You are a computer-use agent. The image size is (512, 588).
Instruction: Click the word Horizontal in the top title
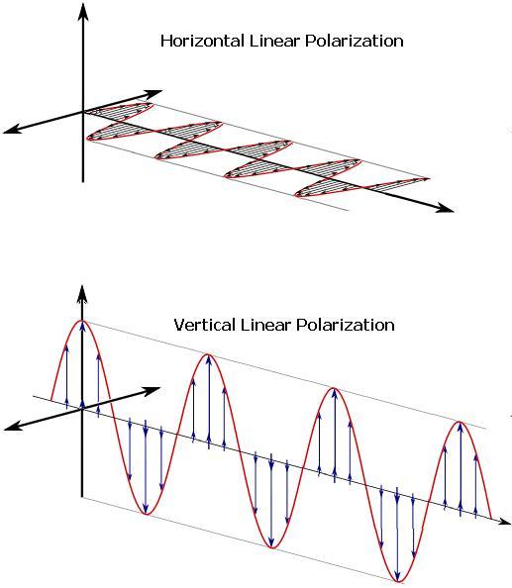[202, 41]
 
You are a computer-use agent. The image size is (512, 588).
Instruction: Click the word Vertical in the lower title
[204, 325]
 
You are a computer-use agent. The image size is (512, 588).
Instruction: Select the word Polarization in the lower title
[346, 325]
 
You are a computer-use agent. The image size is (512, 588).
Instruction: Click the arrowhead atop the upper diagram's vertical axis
[83, 11]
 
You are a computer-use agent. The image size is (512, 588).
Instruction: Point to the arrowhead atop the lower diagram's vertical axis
[82, 293]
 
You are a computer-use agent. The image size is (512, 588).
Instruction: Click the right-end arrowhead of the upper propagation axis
[445, 208]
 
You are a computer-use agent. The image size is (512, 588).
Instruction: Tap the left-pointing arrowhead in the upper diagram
[12, 130]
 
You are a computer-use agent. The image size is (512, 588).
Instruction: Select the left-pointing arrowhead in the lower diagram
[12, 427]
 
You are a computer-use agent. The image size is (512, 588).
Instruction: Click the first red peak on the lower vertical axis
[82, 321]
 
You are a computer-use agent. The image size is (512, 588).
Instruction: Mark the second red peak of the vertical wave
[207, 354]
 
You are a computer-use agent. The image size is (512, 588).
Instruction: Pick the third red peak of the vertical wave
[333, 388]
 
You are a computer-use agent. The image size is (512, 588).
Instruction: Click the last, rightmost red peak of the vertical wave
[460, 423]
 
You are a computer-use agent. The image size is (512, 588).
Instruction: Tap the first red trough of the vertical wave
[147, 514]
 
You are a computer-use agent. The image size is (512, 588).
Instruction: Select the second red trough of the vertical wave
[272, 547]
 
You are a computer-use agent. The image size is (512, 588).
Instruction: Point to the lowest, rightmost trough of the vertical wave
[398, 582]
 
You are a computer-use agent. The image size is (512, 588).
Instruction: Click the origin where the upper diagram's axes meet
[83, 112]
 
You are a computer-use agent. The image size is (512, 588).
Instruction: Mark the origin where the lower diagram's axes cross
[82, 409]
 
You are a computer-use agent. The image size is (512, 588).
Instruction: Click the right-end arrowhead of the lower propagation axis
[504, 522]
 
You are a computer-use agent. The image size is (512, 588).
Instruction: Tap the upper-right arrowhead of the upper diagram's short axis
[153, 93]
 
